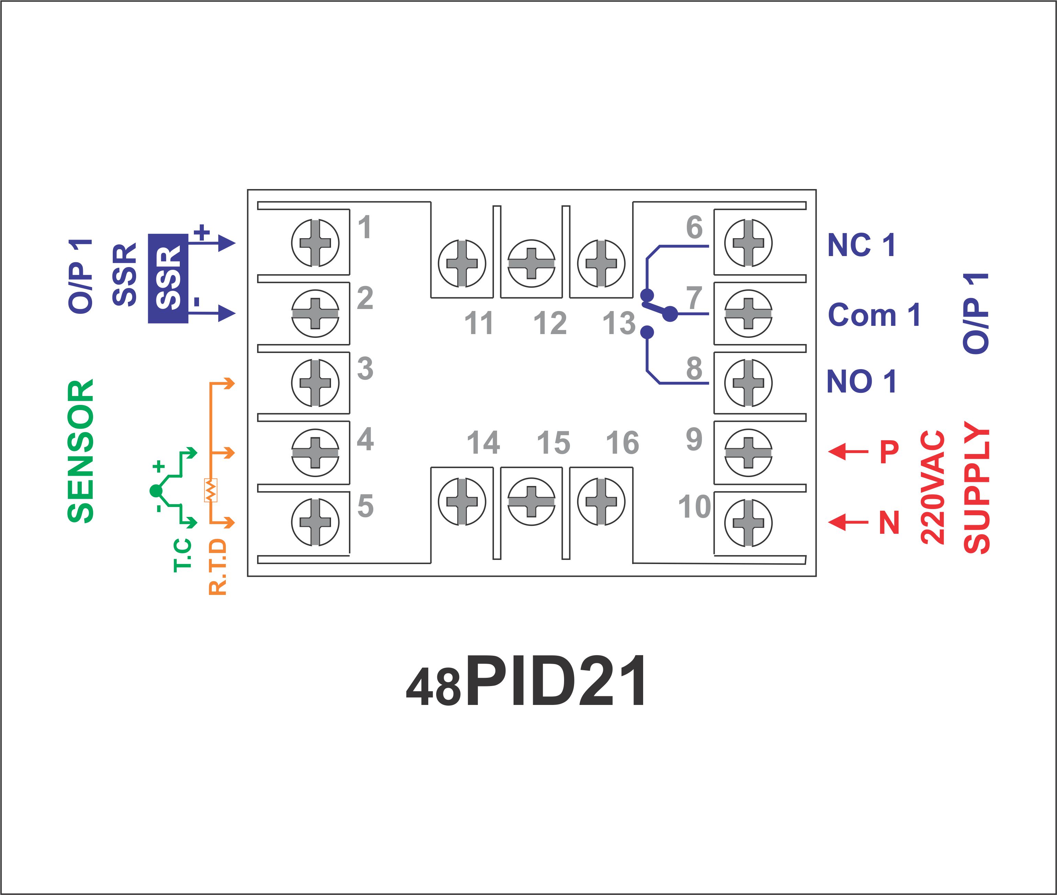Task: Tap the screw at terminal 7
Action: [x=748, y=313]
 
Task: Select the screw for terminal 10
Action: [x=748, y=522]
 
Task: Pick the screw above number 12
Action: [x=531, y=263]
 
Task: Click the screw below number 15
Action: [x=531, y=501]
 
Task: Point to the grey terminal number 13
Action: [x=619, y=323]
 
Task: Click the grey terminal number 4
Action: [x=365, y=439]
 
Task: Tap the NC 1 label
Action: [x=861, y=245]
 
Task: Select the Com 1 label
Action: [x=874, y=315]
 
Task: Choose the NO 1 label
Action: [x=861, y=382]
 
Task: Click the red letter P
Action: [x=889, y=451]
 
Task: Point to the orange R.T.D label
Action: [x=218, y=567]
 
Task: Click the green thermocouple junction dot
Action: [x=156, y=491]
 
